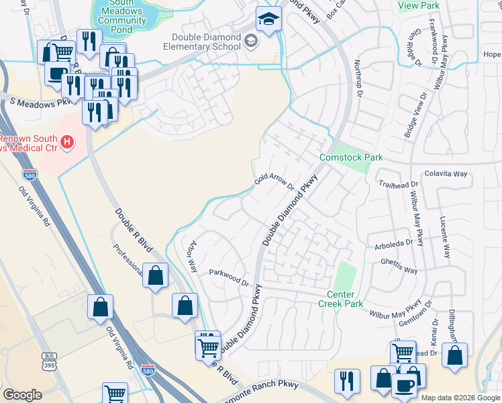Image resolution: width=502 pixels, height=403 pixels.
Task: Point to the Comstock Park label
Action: (x=350, y=157)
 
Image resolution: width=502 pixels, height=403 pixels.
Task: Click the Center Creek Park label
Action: (x=344, y=299)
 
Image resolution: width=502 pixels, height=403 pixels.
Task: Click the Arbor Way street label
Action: (x=194, y=256)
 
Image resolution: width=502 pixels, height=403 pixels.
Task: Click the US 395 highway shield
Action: (x=49, y=361)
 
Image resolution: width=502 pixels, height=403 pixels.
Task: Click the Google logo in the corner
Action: (x=22, y=395)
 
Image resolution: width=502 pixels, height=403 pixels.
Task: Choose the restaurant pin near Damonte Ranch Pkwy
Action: (x=346, y=381)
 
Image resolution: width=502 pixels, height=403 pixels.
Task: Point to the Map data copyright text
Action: (x=460, y=398)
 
